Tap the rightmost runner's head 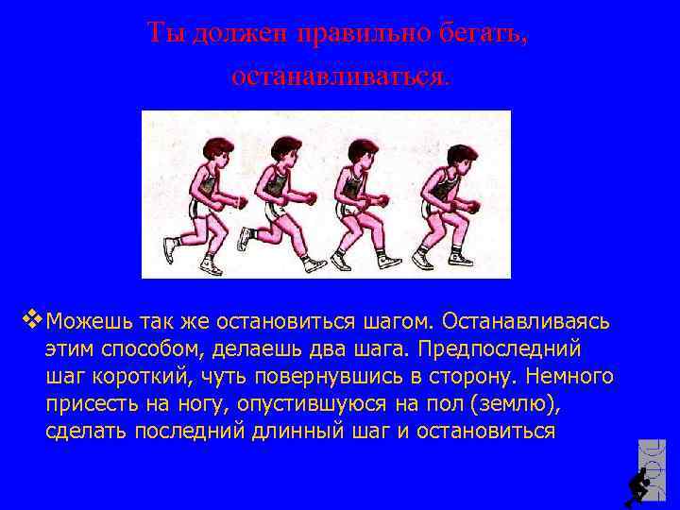click(x=443, y=150)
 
